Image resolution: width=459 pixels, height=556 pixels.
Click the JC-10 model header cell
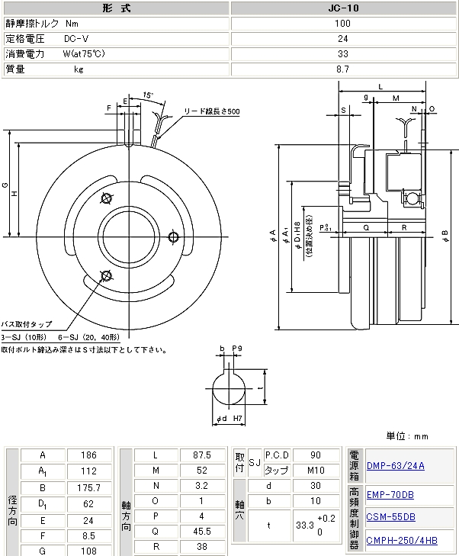pos(343,8)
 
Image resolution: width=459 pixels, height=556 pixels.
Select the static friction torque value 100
pos(343,23)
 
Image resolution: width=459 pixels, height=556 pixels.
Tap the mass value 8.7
pos(343,69)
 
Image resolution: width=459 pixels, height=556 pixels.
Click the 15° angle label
pos(148,95)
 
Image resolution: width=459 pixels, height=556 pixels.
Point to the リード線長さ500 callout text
pos(211,111)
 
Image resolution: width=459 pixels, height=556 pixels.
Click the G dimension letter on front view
pos(5,185)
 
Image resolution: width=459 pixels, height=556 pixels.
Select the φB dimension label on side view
pos(445,233)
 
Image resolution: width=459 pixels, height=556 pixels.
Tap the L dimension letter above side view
pos(380,87)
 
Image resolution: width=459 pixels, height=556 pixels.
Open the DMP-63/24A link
pos(396,465)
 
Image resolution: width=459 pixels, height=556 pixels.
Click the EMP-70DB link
pos(390,494)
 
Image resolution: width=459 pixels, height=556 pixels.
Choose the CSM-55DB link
pos(390,516)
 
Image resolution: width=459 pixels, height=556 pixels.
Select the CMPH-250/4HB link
pos(402,541)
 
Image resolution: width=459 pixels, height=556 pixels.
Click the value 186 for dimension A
pos(90,455)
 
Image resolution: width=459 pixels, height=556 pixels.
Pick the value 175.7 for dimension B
pos(90,487)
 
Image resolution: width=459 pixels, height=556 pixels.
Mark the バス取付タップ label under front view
pos(27,324)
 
